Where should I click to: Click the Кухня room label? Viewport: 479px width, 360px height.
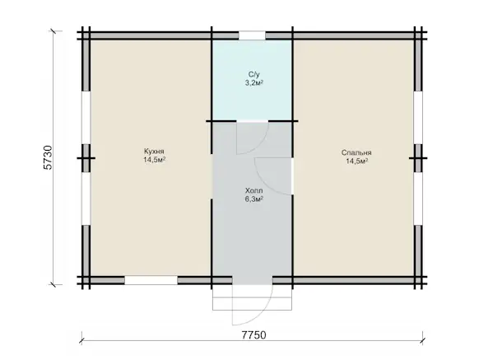tap(154, 152)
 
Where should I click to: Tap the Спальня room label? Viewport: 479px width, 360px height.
tap(356, 152)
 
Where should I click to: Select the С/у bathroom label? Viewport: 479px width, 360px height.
tap(253, 74)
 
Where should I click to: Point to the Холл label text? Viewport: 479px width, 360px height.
tap(253, 191)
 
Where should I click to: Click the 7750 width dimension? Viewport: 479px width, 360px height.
tap(253, 335)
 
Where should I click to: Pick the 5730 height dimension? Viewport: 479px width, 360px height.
tap(49, 157)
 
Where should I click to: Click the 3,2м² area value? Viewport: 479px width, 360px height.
tap(254, 83)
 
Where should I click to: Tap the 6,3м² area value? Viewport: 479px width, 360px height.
tap(254, 199)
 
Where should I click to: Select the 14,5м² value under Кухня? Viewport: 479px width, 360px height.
tap(155, 160)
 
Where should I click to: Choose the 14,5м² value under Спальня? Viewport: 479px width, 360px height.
tap(356, 161)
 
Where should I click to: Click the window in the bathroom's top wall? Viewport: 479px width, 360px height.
tap(252, 35)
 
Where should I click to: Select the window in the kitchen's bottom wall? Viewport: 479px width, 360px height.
tap(151, 280)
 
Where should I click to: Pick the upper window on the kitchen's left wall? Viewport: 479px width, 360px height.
tap(86, 118)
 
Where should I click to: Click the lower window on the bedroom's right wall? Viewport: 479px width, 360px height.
tap(418, 199)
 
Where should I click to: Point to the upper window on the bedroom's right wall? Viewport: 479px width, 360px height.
tap(418, 118)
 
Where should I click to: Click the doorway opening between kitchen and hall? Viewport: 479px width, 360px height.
tap(212, 176)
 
